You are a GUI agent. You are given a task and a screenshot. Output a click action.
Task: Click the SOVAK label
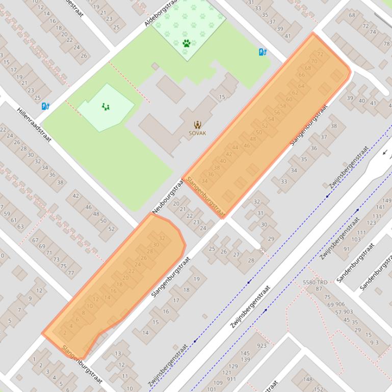tap(197, 133)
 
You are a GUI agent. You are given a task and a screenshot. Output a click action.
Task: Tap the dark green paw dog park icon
tap(187, 43)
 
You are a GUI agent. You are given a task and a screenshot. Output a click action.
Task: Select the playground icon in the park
tap(106, 106)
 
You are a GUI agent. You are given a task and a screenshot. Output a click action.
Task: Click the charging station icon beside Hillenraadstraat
tap(45, 106)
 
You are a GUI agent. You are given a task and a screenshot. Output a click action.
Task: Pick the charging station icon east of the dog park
tap(263, 51)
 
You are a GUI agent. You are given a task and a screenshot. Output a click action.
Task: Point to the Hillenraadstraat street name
tap(34, 124)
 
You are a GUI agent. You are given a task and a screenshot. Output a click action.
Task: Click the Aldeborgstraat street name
tap(160, 13)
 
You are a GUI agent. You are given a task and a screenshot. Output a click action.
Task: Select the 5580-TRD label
tap(315, 282)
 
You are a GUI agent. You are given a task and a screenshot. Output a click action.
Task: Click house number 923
tap(262, 346)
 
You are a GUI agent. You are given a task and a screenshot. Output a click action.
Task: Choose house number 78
tap(386, 44)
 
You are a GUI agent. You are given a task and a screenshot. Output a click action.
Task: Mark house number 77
tap(70, 272)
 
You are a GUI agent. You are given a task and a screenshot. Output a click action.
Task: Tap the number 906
tap(340, 304)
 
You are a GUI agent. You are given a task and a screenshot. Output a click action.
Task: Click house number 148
tap(307, 379)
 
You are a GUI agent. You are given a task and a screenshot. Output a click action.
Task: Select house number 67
tap(35, 240)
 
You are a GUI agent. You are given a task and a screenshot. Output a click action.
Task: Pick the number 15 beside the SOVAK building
tap(222, 97)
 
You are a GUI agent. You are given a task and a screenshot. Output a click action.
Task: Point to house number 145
tap(245, 353)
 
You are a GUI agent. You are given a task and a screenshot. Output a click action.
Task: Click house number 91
tap(347, 249)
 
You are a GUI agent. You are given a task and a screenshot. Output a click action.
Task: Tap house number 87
tap(319, 289)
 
